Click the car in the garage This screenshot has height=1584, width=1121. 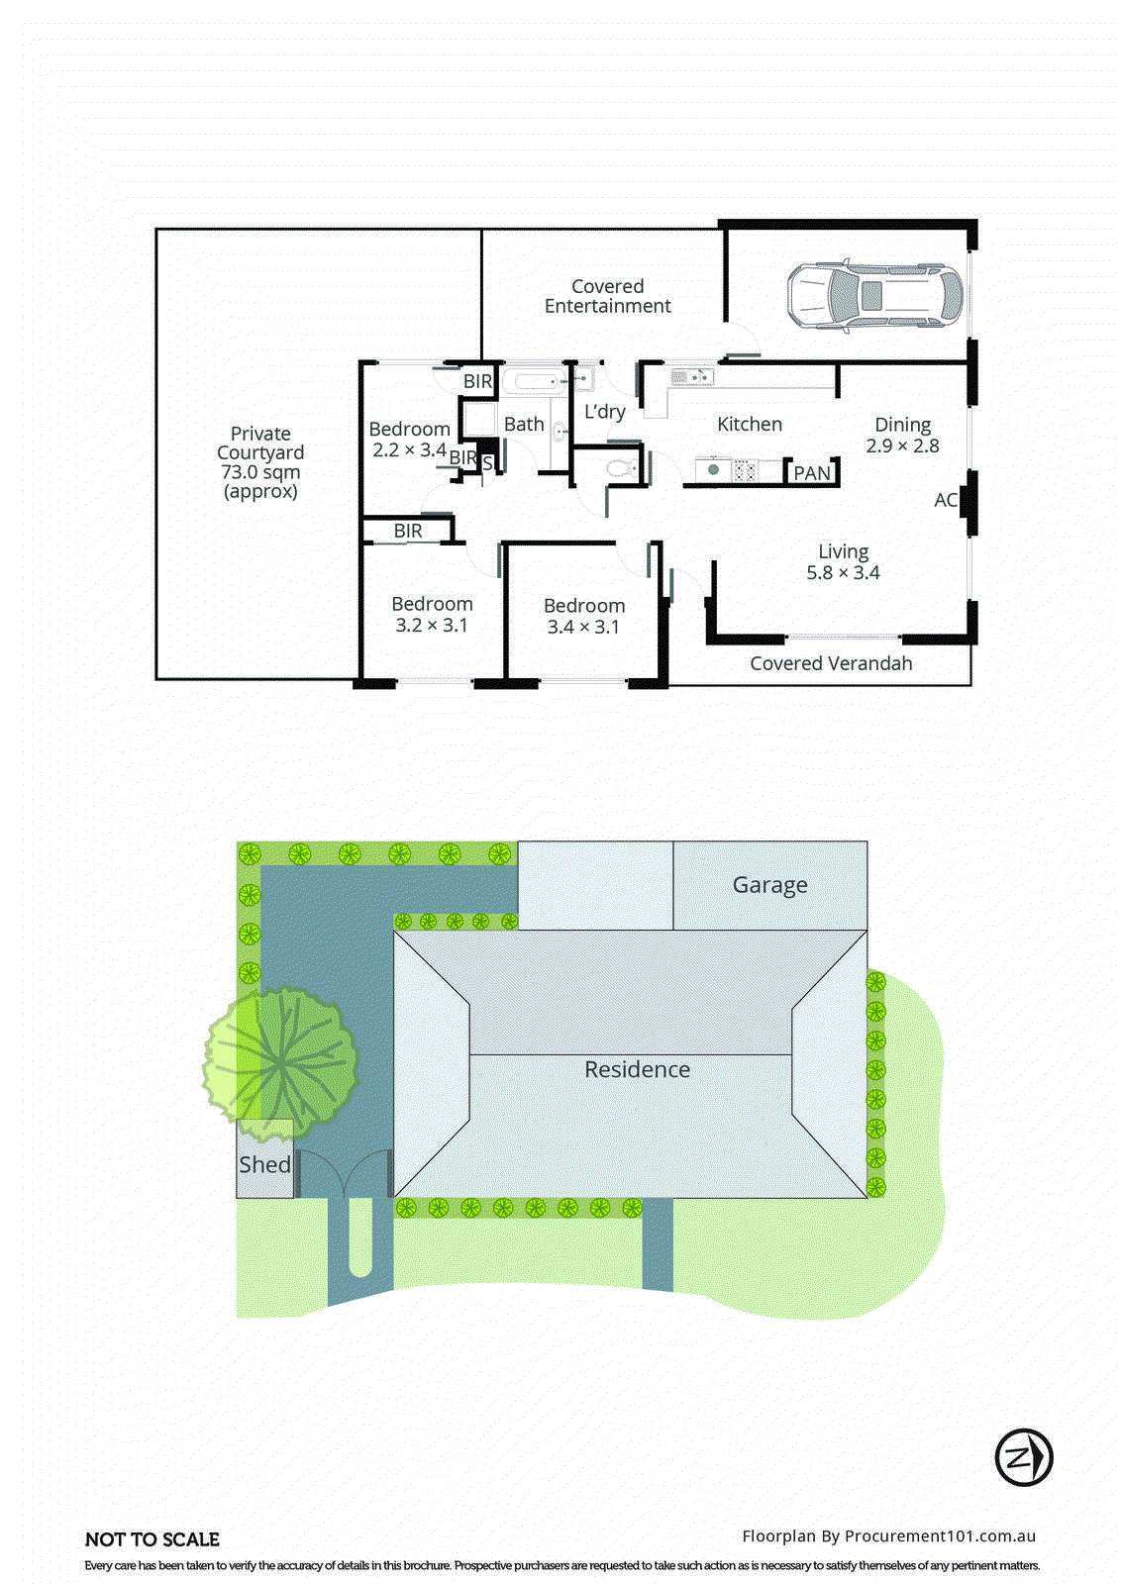point(874,295)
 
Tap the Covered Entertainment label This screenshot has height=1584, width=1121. point(607,296)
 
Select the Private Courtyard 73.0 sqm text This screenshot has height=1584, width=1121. point(260,462)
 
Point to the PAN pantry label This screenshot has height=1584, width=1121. point(812,473)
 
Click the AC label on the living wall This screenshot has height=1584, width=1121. point(945,500)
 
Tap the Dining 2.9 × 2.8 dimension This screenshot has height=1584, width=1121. point(902,436)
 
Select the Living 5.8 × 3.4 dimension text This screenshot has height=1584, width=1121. point(843,562)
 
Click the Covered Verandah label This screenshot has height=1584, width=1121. point(831,663)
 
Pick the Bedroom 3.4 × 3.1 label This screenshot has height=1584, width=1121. point(583,616)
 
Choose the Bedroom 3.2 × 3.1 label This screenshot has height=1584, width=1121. point(432,614)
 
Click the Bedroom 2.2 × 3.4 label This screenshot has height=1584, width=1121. point(409,439)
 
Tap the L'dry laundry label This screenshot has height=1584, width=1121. point(604,412)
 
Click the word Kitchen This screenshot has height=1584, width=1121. point(749,424)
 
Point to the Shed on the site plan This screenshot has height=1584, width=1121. point(264,1164)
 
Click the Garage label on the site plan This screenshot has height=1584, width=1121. point(769,885)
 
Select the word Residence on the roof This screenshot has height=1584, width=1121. point(637,1069)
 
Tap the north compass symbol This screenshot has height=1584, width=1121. point(1023,1457)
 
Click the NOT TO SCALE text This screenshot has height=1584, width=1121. point(153,1539)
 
